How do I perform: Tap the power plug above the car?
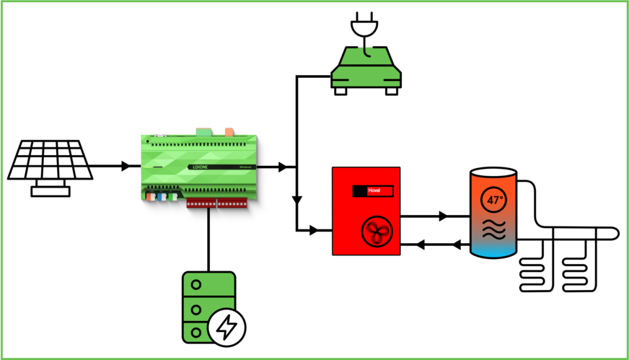click(364, 27)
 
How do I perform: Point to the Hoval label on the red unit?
click(374, 190)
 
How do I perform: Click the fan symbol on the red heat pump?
click(374, 231)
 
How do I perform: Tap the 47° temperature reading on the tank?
click(494, 200)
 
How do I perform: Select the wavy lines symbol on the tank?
click(494, 229)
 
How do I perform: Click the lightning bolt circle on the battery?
click(227, 328)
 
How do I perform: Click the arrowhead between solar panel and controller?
click(126, 167)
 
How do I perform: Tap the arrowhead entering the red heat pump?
click(314, 231)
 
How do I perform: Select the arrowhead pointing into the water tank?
click(444, 216)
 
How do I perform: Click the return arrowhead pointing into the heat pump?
click(421, 245)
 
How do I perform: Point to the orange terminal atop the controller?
click(229, 132)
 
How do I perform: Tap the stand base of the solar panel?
click(50, 191)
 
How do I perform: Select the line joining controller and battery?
click(208, 238)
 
